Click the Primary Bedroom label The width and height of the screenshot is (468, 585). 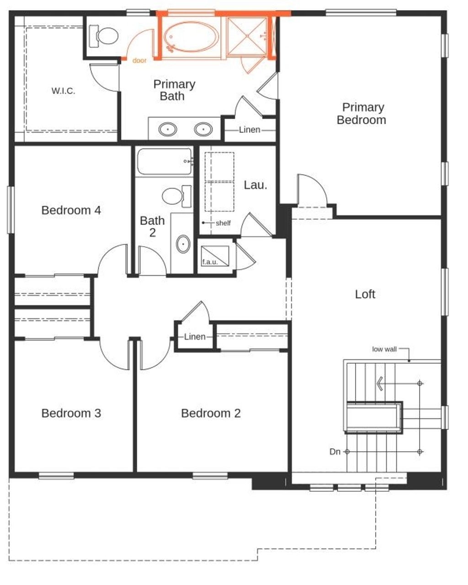361,114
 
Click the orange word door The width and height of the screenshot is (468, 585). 139,60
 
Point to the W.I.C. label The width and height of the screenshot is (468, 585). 63,91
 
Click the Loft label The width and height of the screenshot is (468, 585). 365,294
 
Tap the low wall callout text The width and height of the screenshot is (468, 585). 384,349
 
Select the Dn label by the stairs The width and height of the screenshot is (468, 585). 335,452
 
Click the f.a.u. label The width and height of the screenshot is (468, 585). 210,262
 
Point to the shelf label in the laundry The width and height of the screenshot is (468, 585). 223,223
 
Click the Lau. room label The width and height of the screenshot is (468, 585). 255,185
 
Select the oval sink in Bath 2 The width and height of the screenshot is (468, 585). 183,244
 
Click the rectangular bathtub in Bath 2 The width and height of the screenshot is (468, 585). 164,162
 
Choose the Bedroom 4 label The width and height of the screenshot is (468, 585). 71,210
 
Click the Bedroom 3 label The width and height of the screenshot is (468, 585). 71,413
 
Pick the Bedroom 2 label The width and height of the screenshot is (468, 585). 211,413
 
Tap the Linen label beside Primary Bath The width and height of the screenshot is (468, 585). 250,130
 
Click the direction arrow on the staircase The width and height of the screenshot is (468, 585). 379,383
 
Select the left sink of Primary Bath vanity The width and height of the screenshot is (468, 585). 168,130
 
